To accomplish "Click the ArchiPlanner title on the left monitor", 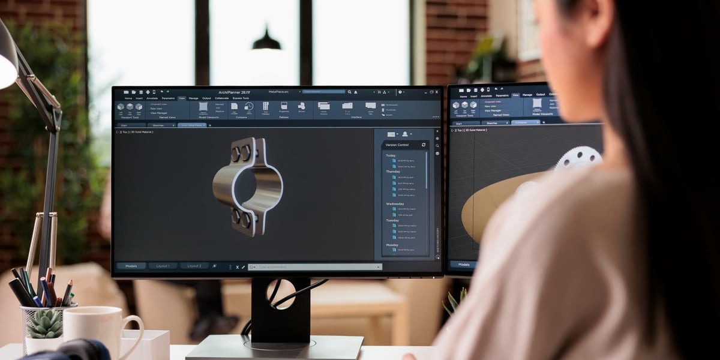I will click(233, 92).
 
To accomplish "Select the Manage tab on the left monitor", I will click(193, 98).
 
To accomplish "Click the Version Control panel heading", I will click(397, 145).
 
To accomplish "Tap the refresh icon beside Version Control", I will click(424, 145).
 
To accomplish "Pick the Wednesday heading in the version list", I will click(395, 204).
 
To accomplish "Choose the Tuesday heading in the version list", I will click(392, 220).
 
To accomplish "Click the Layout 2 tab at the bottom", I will click(194, 266).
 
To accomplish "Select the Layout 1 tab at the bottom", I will click(163, 266).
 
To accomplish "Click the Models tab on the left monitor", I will click(131, 266).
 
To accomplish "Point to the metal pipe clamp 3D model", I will click(247, 186).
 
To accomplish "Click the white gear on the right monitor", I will click(577, 158).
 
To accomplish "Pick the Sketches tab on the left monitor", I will click(158, 125).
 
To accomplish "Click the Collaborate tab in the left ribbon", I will click(221, 98).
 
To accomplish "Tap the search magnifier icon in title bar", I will click(349, 92).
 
